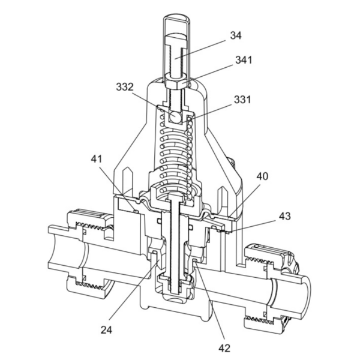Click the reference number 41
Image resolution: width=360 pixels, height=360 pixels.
(97, 160)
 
